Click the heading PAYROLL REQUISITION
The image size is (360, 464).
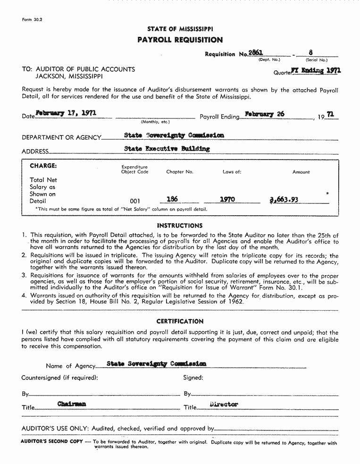tap(180, 40)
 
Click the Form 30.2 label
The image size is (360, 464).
tap(32, 20)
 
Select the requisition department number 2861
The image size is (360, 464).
tap(255, 53)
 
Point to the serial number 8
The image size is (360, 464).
tap(310, 52)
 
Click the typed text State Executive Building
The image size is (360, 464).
tap(167, 149)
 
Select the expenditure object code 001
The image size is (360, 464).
tap(135, 201)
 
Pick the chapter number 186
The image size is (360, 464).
tap(172, 199)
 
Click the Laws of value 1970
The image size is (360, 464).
tap(227, 200)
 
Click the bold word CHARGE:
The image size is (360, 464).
tap(43, 166)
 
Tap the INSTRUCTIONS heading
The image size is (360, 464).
tap(180, 226)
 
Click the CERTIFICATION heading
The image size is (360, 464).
tap(180, 321)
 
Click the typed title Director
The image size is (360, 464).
tap(224, 405)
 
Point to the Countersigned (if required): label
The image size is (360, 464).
tap(59, 378)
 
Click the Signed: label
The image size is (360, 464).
tap(193, 378)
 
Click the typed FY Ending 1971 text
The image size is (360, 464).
tap(316, 71)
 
